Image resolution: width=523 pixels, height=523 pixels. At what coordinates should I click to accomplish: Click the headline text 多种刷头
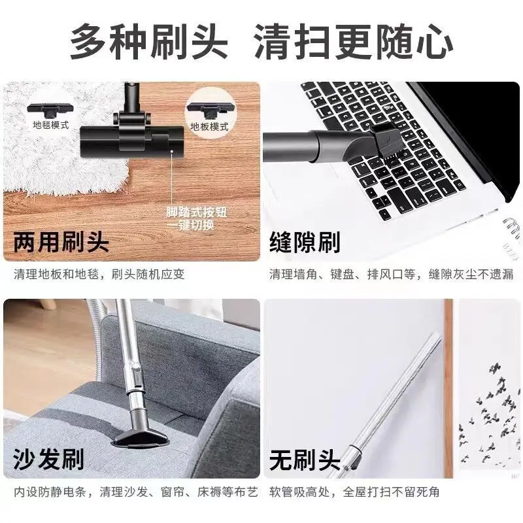point(149,41)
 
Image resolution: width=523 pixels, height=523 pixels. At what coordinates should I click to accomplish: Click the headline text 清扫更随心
point(352,41)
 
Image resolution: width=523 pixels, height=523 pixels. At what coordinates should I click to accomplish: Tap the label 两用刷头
point(61,243)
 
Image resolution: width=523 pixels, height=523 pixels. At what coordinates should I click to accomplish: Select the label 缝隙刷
point(305,243)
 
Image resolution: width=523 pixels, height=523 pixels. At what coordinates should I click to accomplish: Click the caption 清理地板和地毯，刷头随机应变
point(99,274)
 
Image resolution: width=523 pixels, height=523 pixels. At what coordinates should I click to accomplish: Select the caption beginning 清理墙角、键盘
point(392,274)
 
